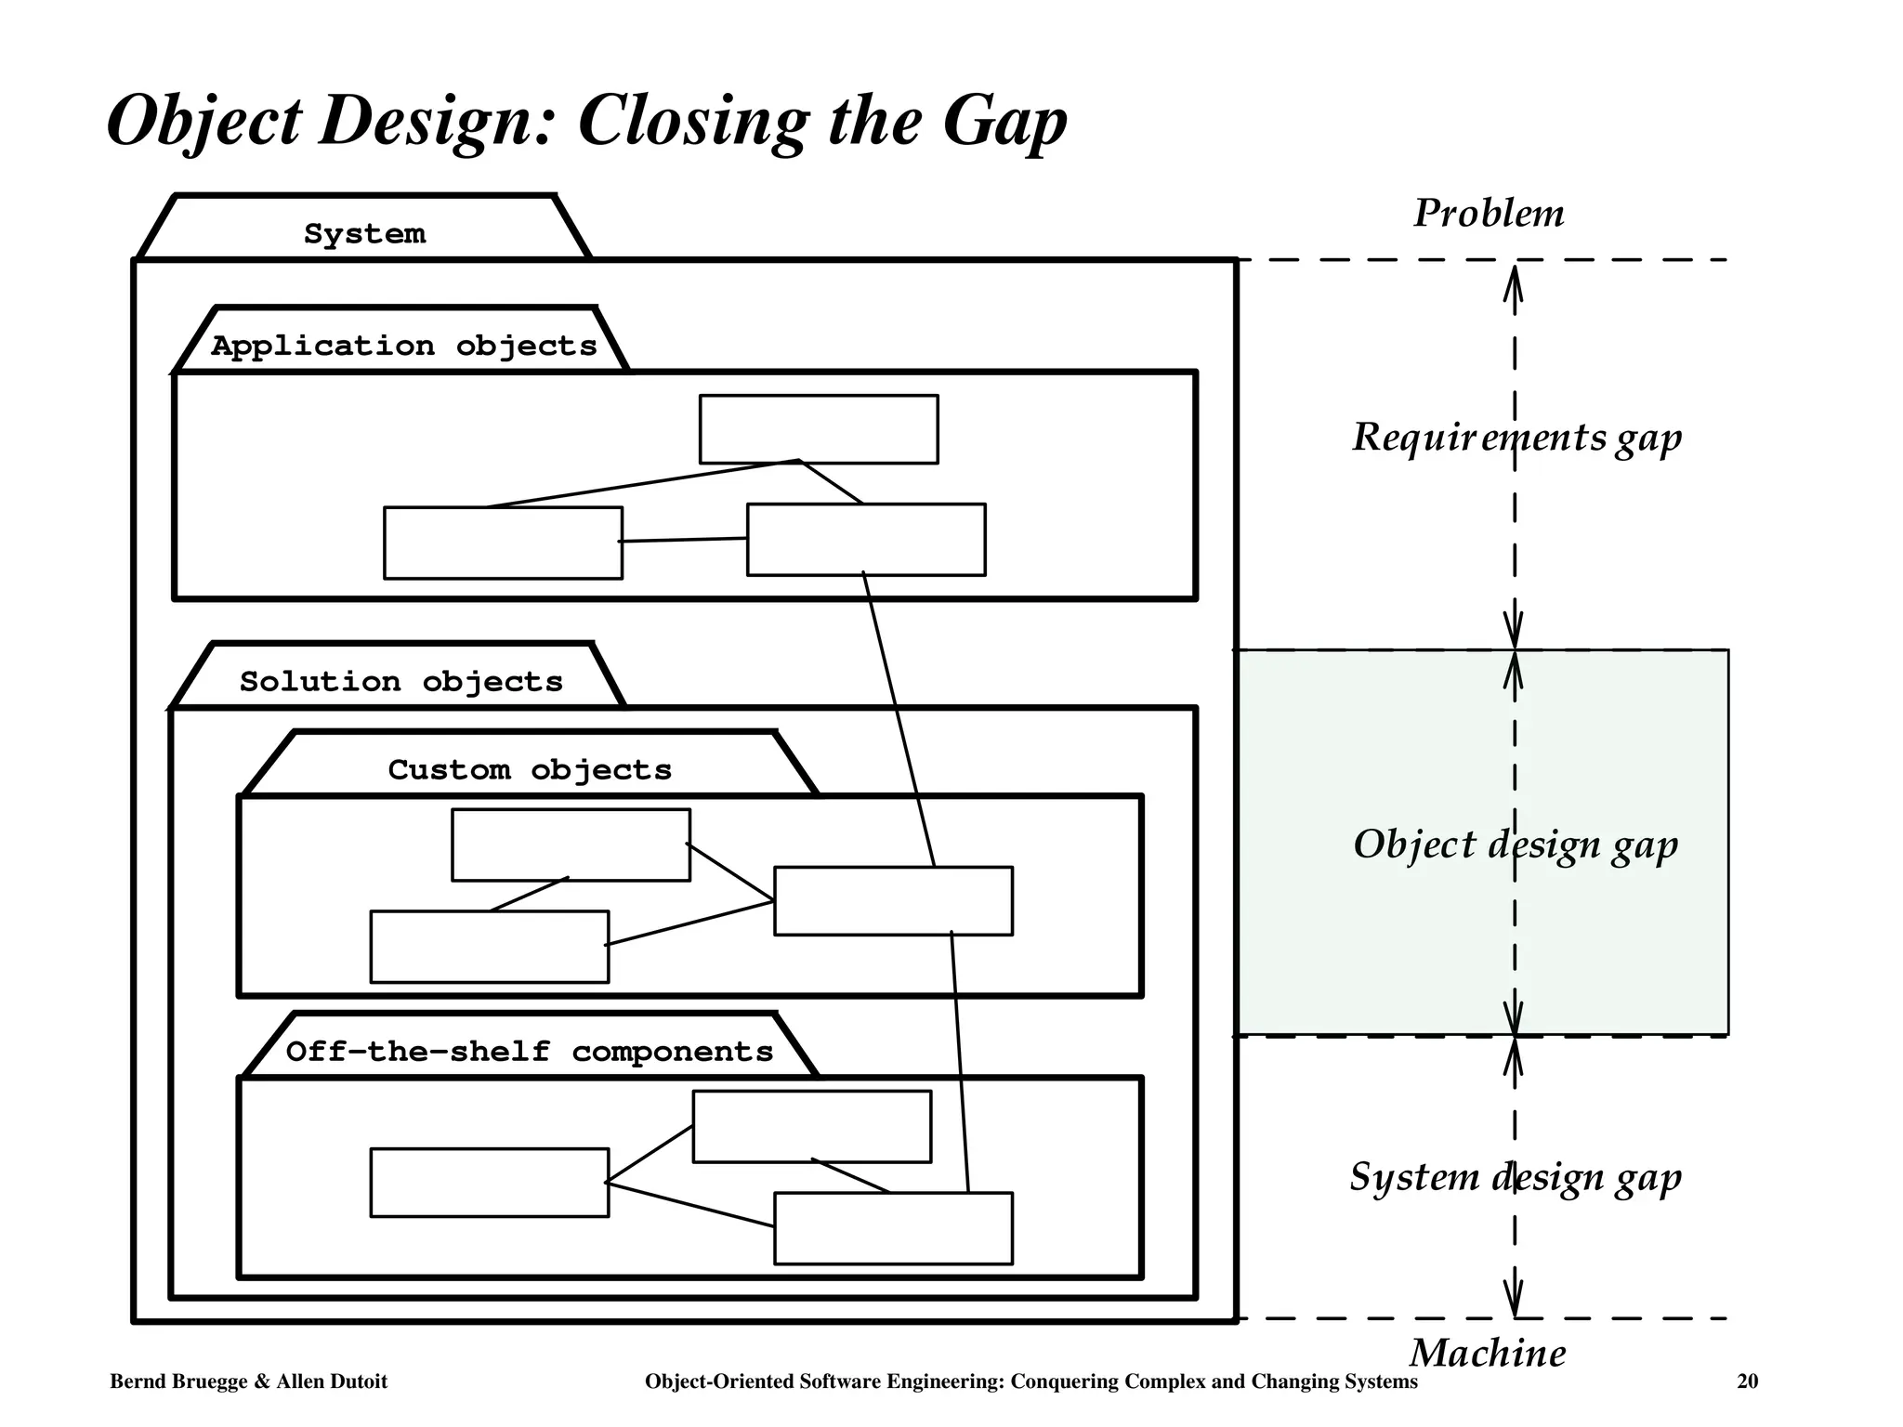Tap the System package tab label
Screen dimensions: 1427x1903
coord(364,233)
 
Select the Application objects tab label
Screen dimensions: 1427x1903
coord(403,346)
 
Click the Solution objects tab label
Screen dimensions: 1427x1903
coord(400,681)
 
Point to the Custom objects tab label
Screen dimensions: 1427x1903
coord(529,769)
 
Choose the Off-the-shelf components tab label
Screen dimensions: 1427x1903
coord(529,1051)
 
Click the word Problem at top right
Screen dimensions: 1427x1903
coord(1488,214)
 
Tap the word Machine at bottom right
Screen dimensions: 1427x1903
coord(1487,1353)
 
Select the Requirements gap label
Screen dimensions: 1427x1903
coord(1516,437)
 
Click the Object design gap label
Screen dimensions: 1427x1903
coord(1515,844)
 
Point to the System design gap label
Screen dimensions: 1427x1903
coord(1515,1177)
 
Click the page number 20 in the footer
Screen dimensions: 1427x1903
coord(1747,1381)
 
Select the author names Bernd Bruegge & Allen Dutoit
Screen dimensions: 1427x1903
coord(248,1381)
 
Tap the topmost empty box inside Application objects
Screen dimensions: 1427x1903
coord(818,428)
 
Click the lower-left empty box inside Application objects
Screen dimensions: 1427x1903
coord(503,543)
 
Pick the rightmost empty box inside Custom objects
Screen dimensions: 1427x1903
coord(893,900)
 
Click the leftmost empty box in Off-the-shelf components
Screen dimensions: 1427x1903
coord(489,1182)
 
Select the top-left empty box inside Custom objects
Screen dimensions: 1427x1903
coord(571,844)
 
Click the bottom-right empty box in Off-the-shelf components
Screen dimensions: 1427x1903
coord(893,1227)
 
